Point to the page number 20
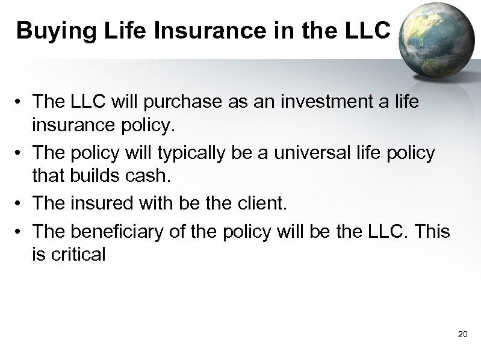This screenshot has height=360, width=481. coord(462,334)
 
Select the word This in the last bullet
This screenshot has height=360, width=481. coord(430,231)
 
